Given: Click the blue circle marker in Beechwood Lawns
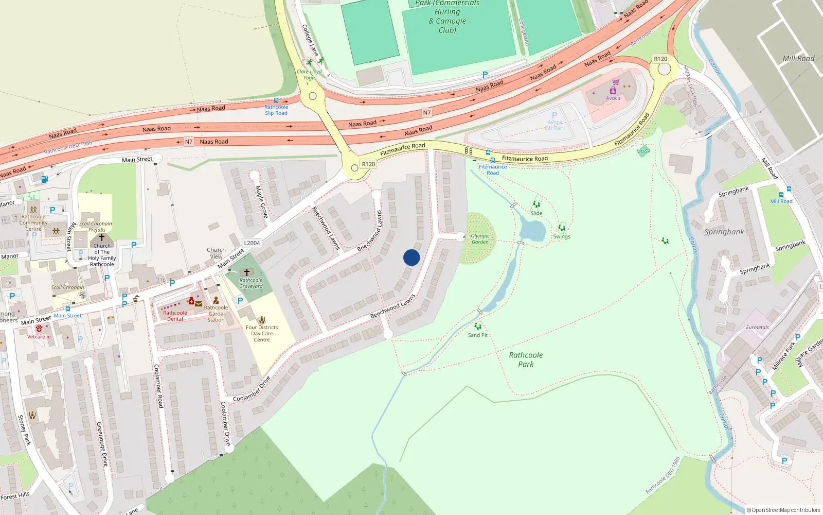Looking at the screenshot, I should tap(411, 257).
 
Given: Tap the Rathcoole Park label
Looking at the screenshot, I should tap(526, 359).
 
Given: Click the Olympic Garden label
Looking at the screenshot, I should tap(480, 239).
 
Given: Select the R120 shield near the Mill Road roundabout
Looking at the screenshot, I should tap(660, 59).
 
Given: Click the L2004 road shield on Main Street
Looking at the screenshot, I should tap(252, 243).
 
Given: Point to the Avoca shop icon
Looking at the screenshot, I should tap(613, 90).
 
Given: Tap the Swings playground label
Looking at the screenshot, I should tap(562, 237).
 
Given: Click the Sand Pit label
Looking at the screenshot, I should tap(478, 335).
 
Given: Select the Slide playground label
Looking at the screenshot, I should tap(536, 213).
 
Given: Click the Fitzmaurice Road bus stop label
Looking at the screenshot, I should tap(493, 170).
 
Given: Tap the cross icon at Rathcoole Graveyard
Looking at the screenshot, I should tap(247, 272).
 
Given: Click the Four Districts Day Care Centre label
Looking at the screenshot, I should tap(262, 333).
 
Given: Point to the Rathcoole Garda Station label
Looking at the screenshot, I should tap(216, 314).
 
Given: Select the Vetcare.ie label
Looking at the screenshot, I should tap(39, 337).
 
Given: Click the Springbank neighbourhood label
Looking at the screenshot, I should tap(724, 232).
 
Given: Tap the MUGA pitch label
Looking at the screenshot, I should tap(643, 151).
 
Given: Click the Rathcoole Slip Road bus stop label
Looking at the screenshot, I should tap(276, 110).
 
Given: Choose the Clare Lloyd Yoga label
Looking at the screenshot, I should tap(309, 75).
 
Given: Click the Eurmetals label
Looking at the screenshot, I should tap(758, 328).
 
